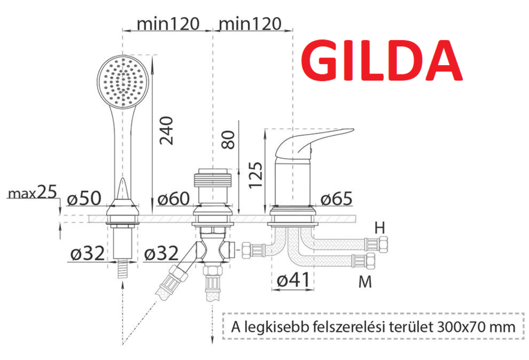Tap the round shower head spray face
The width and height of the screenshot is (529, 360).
(122, 82)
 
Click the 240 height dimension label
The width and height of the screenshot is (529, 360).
(167, 130)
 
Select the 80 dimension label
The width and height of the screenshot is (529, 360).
(229, 140)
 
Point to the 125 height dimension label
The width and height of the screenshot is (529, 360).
(256, 175)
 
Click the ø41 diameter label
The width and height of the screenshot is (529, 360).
(293, 280)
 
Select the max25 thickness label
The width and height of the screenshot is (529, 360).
(32, 193)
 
